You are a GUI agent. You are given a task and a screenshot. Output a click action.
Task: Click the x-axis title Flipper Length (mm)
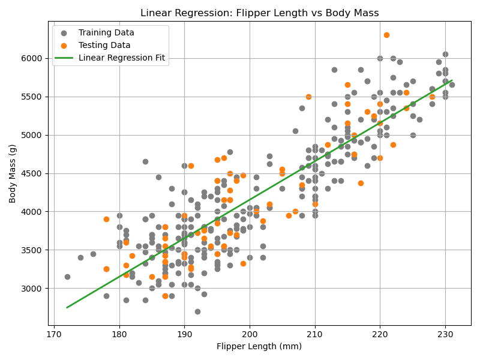259,346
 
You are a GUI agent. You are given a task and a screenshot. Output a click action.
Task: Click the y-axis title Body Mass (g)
13,173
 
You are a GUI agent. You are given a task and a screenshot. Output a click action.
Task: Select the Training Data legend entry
106,32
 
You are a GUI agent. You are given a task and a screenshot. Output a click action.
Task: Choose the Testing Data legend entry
104,45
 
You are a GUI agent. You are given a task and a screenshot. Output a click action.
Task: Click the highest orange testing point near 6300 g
386,35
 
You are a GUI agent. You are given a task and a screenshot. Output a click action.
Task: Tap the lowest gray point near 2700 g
197,311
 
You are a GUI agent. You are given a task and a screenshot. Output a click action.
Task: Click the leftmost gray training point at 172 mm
67,277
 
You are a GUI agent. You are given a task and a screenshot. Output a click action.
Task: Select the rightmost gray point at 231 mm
452,85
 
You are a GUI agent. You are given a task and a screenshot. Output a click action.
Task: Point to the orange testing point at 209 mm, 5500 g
308,97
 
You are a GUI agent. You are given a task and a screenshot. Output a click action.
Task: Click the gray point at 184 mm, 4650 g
145,161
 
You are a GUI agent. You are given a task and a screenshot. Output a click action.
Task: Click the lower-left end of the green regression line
67,307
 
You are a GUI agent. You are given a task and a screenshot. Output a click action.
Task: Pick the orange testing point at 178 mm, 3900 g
106,219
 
